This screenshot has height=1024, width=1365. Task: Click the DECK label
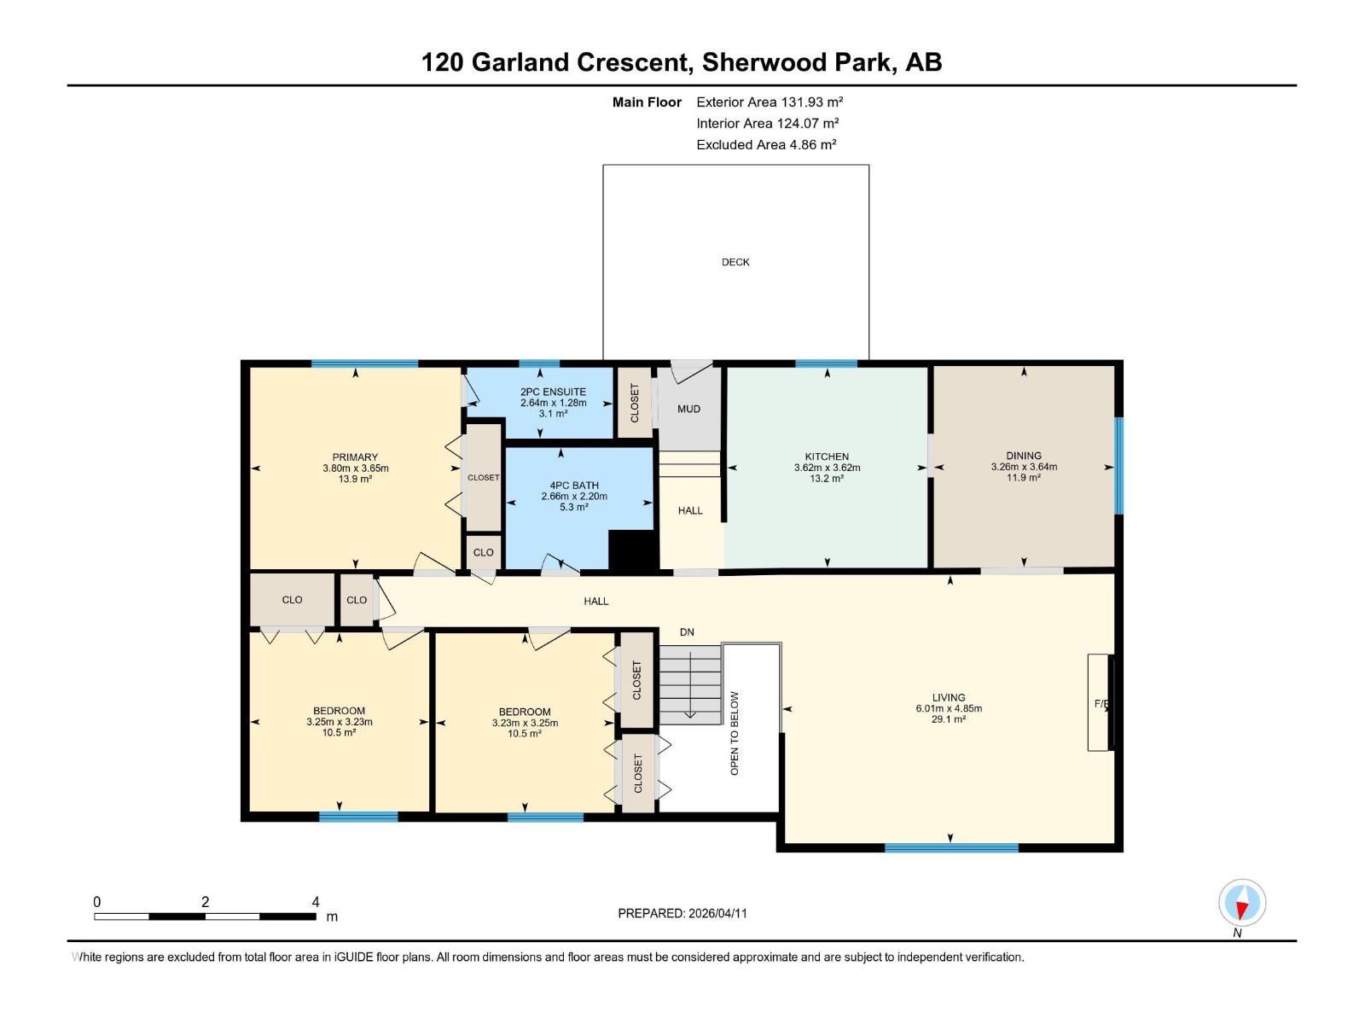(735, 262)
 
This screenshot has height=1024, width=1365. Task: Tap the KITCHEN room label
(826, 457)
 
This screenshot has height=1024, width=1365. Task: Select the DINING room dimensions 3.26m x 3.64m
(1023, 467)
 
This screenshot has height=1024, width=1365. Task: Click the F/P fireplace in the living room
(1100, 703)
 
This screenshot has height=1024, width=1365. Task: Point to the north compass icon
(1242, 903)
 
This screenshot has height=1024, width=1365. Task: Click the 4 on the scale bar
(316, 902)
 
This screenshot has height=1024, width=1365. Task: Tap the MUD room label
(688, 409)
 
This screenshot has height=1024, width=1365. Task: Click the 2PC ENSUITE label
(553, 392)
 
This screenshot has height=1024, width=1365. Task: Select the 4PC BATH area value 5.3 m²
(573, 507)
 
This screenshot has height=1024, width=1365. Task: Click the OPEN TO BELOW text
(735, 732)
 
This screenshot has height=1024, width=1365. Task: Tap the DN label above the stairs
(687, 632)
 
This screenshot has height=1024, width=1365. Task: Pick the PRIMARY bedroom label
(355, 457)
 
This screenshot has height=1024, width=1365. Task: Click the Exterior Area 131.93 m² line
(770, 102)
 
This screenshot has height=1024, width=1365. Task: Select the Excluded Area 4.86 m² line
(765, 145)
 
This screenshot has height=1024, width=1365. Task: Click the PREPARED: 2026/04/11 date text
(682, 913)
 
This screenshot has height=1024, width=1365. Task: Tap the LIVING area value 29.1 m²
(948, 719)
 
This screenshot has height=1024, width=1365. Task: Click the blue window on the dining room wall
(1118, 465)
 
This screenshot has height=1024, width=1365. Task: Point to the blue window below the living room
(950, 847)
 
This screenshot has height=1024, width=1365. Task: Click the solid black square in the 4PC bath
(630, 550)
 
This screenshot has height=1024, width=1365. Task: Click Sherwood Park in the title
(799, 62)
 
